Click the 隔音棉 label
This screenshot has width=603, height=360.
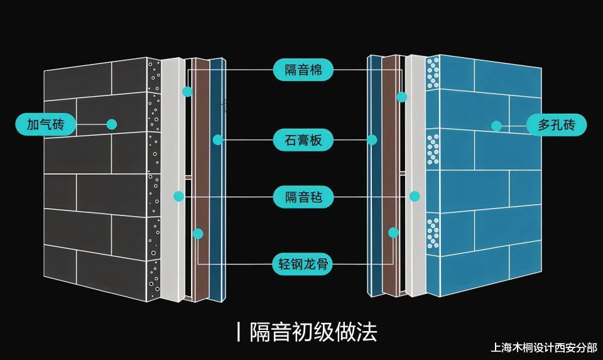pos(303,70)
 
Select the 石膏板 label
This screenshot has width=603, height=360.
pos(303,139)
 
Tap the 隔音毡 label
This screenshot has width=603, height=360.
pos(303,197)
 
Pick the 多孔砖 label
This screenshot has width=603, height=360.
pos(557,125)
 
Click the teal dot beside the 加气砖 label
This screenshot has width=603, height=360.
pos(112,124)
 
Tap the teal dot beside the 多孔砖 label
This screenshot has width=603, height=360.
pos(496,126)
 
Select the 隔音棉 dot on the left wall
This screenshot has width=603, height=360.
pos(187,92)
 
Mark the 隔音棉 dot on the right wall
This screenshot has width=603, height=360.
pos(402,97)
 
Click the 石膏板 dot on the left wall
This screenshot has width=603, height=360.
pos(217,139)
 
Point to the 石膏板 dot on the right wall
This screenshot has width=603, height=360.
pos(372,139)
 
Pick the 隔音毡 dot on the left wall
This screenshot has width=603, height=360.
pos(179,197)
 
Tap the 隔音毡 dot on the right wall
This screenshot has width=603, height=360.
pos(415,196)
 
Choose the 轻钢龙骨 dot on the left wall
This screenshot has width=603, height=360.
pos(198,234)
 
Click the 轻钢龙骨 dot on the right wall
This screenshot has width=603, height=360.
pos(394,232)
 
